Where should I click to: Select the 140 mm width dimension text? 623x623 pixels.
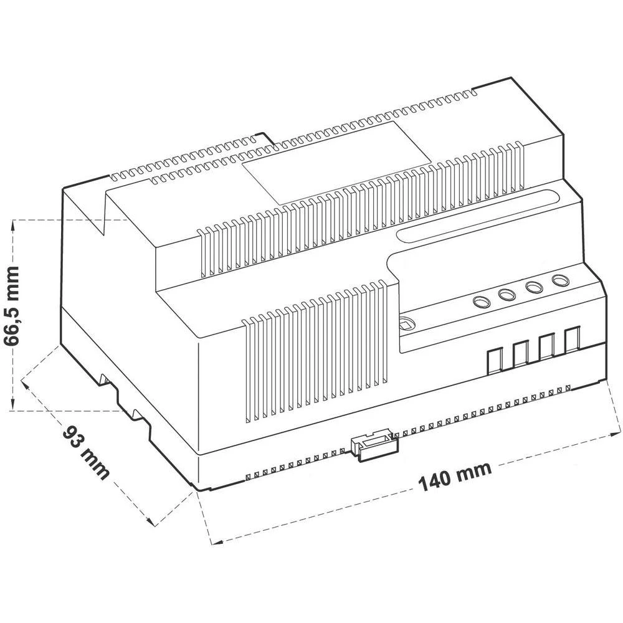[x=454, y=475]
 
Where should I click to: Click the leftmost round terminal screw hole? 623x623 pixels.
[x=481, y=303]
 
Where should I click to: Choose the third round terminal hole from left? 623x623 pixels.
[x=534, y=288]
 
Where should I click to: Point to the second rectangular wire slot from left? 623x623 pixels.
[x=521, y=354]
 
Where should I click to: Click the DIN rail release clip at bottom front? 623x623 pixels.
[x=374, y=444]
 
